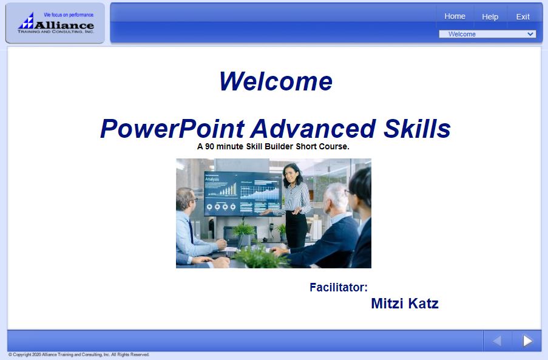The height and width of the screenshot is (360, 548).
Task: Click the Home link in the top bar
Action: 455,16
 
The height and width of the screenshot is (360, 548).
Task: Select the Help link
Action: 490,17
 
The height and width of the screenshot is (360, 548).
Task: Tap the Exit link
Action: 523,17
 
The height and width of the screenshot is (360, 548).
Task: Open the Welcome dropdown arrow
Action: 530,34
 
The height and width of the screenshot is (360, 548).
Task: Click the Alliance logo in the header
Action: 56,23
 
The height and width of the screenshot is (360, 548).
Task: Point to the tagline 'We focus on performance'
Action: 69,15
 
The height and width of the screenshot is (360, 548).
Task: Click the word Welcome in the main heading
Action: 276,81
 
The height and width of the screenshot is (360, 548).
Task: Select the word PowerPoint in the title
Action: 172,129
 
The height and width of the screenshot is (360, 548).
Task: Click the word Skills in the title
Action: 417,128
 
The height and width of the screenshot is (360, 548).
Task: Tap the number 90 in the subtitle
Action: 210,146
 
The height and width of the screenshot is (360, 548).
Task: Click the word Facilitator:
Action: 339,287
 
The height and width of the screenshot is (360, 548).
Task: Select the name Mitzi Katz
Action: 405,304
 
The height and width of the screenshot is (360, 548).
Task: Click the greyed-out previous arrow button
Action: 497,341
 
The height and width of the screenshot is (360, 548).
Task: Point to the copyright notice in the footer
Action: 79,355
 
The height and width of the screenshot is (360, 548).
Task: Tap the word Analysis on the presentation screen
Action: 212,179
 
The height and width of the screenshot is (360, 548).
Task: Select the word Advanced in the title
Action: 313,128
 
